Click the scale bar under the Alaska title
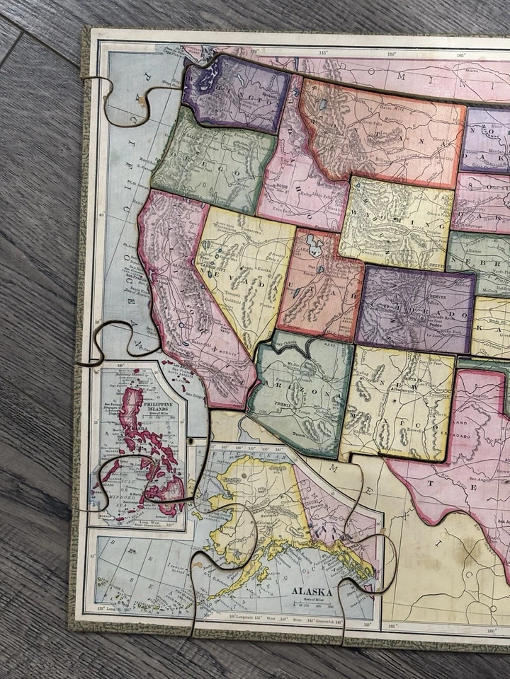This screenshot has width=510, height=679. click(313, 605)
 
